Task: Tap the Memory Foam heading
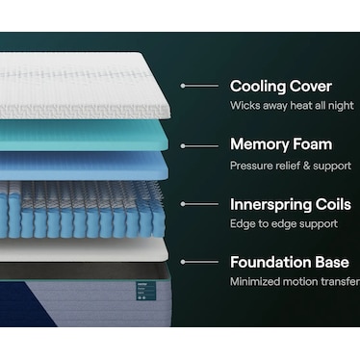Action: click(281, 144)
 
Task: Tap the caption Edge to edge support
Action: click(284, 223)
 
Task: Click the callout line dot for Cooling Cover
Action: click(183, 86)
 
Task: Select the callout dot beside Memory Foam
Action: click(183, 144)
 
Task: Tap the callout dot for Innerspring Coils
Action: click(183, 203)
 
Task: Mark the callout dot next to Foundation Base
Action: click(183, 261)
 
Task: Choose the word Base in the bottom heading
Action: click(333, 261)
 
